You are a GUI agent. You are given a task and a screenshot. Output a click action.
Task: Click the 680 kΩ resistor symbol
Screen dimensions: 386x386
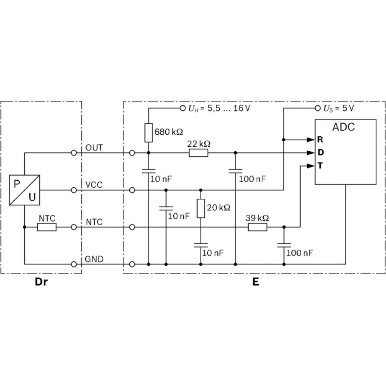149,132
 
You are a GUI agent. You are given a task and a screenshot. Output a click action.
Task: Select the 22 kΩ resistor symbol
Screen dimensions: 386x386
198,153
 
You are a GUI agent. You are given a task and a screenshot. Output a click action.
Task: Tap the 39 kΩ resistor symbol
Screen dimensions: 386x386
257,227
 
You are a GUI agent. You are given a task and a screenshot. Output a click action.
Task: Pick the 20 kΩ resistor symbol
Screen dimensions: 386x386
201,208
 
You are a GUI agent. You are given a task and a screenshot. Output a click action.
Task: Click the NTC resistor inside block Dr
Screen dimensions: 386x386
47,227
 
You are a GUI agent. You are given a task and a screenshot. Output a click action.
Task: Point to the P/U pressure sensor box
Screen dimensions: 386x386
25,190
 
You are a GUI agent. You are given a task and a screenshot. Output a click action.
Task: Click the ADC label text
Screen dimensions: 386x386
344,127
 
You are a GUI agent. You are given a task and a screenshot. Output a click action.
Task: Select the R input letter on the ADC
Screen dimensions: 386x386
320,139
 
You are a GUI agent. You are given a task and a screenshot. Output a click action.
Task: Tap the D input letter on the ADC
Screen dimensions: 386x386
320,152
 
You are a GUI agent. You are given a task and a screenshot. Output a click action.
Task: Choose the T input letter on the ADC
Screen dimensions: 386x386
320,166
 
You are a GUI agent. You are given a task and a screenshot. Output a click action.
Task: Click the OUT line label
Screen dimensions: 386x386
94,148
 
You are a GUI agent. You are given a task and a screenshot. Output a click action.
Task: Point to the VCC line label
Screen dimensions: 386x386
94,185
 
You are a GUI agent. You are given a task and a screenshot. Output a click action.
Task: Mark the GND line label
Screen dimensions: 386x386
95,259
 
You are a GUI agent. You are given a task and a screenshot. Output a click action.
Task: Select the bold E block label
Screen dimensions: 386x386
256,282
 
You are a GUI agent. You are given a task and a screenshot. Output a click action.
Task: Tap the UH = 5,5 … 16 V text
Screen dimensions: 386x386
219,108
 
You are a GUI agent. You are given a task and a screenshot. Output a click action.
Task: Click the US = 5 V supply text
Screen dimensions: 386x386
339,108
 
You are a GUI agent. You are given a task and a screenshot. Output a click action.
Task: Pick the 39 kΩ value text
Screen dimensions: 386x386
257,218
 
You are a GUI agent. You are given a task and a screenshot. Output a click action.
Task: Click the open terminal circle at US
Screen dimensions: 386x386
318,108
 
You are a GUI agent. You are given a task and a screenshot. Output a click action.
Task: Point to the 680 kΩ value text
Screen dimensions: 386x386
169,132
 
